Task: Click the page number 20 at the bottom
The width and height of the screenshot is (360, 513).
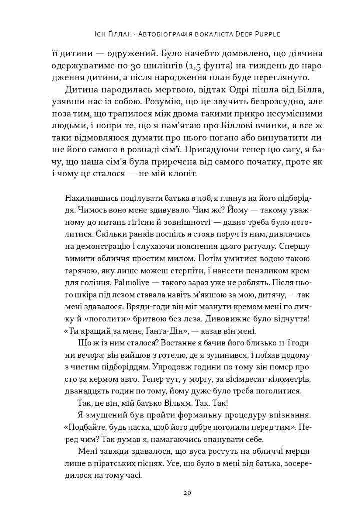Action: (x=188, y=493)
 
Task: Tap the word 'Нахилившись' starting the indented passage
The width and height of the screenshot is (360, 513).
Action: (x=90, y=198)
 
